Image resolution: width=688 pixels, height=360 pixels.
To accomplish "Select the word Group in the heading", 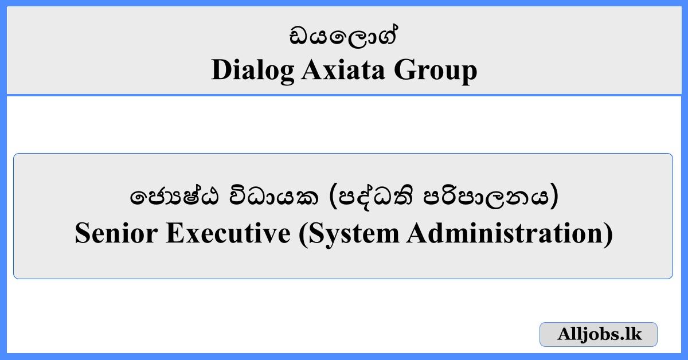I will tap(435, 71).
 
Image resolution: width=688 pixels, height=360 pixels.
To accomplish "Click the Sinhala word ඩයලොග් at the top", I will tap(343, 38).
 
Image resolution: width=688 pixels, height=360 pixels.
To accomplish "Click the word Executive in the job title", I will tap(228, 234).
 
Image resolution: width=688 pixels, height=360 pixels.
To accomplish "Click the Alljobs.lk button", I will tap(598, 334).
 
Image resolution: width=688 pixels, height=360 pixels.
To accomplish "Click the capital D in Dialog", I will tap(221, 71).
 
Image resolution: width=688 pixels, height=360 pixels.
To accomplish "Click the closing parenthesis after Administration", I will tap(608, 234).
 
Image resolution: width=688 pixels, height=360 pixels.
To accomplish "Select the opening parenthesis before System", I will tap(302, 234).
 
